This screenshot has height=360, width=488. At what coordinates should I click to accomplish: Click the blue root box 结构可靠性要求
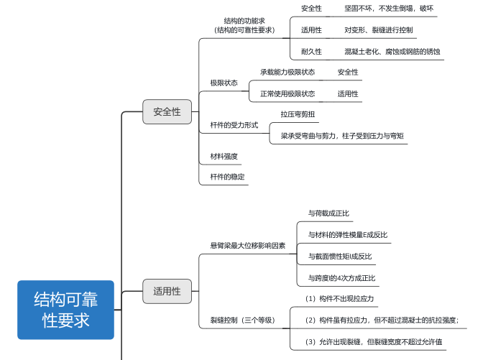[65, 310]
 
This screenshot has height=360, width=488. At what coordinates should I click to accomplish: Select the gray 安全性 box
[167, 111]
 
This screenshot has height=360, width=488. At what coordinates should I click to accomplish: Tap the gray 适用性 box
[167, 291]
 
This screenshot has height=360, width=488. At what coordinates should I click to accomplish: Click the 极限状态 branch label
[224, 83]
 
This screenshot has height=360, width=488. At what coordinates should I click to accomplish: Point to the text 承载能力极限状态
[287, 72]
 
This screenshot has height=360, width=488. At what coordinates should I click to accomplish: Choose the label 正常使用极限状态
[287, 93]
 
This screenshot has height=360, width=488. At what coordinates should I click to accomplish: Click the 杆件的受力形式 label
[234, 125]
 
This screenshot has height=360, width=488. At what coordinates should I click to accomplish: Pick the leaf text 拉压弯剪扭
[298, 114]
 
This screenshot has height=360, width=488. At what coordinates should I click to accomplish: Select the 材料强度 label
[224, 156]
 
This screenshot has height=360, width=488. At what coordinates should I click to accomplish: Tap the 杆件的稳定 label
[228, 177]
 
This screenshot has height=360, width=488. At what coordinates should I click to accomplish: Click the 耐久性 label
[311, 52]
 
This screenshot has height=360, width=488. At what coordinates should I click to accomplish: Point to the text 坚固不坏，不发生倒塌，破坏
[389, 9]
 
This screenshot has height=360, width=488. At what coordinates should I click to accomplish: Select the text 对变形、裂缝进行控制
[379, 30]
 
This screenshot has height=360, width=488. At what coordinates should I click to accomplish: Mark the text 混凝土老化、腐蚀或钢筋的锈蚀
[392, 52]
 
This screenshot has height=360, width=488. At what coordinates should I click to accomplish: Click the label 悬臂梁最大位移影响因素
[248, 246]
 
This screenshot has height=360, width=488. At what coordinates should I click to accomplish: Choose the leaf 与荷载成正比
[328, 213]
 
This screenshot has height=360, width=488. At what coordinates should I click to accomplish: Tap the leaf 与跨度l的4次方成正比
[341, 278]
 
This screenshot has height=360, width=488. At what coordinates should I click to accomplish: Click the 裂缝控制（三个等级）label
[243, 320]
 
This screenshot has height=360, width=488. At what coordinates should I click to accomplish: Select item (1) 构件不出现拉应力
[339, 299]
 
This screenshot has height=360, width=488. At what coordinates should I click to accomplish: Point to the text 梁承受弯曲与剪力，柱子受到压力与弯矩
[342, 136]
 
